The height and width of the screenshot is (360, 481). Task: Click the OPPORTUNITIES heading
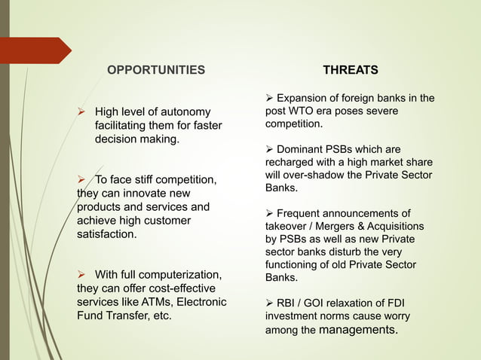click(x=155, y=70)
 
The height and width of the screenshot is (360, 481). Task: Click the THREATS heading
click(x=351, y=70)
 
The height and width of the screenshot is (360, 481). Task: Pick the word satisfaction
click(x=107, y=234)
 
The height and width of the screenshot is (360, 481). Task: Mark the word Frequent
click(x=308, y=213)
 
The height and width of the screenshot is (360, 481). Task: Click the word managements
click(x=358, y=329)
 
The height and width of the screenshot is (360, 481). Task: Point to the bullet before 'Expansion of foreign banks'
click(x=271, y=98)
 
